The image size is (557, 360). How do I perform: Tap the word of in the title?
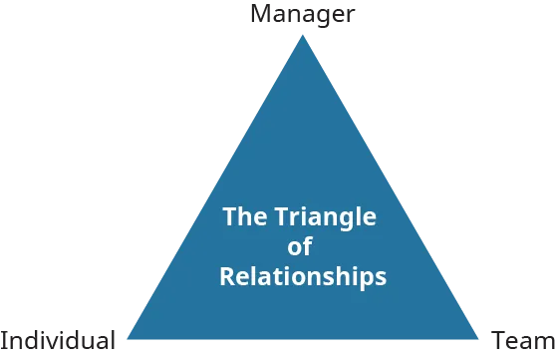pyautogui.click(x=300, y=247)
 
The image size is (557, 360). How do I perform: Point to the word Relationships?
pyautogui.click(x=302, y=276)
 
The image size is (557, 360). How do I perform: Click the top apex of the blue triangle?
pyautogui.click(x=301, y=33)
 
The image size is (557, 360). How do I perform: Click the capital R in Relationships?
pyautogui.click(x=226, y=275)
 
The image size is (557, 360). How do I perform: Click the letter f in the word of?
pyautogui.click(x=307, y=246)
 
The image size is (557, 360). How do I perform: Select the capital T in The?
pyautogui.click(x=228, y=216)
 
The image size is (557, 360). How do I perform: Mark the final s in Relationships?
pyautogui.click(x=381, y=277)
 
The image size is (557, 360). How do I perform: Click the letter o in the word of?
pyautogui.click(x=295, y=248)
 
